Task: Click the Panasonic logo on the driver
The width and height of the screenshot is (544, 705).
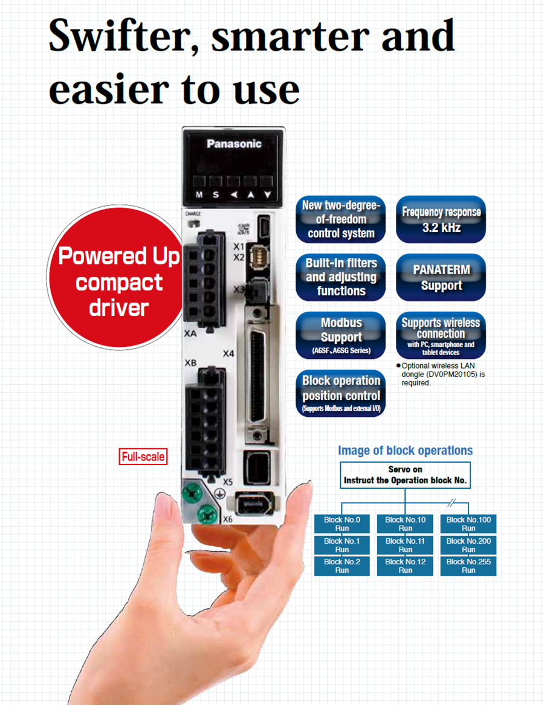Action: tap(234, 144)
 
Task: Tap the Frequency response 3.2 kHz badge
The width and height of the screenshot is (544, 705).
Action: tap(441, 219)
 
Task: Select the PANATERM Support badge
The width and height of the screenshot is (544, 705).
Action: tap(441, 277)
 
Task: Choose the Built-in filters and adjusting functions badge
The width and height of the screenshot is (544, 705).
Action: tap(341, 277)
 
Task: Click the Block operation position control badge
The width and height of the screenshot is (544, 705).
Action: tap(341, 393)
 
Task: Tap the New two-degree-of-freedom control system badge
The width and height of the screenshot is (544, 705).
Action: tap(341, 219)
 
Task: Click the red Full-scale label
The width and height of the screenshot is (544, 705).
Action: tap(143, 457)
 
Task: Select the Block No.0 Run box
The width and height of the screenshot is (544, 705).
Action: tap(342, 524)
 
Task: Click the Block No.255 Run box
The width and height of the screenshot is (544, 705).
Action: tap(468, 565)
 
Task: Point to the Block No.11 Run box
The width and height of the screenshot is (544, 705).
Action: tap(405, 545)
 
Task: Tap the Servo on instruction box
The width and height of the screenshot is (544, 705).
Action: tap(405, 475)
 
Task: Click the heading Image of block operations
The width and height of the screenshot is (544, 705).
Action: tap(405, 450)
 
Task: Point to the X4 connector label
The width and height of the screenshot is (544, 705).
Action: tap(228, 353)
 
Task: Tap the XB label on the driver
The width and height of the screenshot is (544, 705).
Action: tap(190, 363)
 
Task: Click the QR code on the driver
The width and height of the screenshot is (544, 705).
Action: tap(242, 229)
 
